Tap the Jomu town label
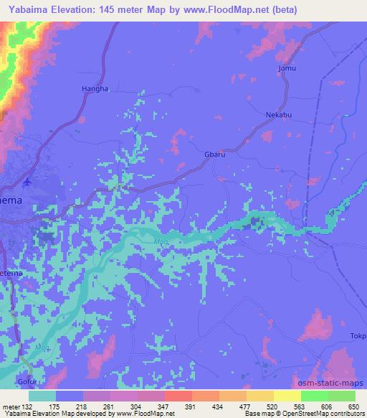pos(286,68)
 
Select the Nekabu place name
pos(276,113)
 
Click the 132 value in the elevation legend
pos(28,406)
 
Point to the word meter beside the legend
pos(10,406)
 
